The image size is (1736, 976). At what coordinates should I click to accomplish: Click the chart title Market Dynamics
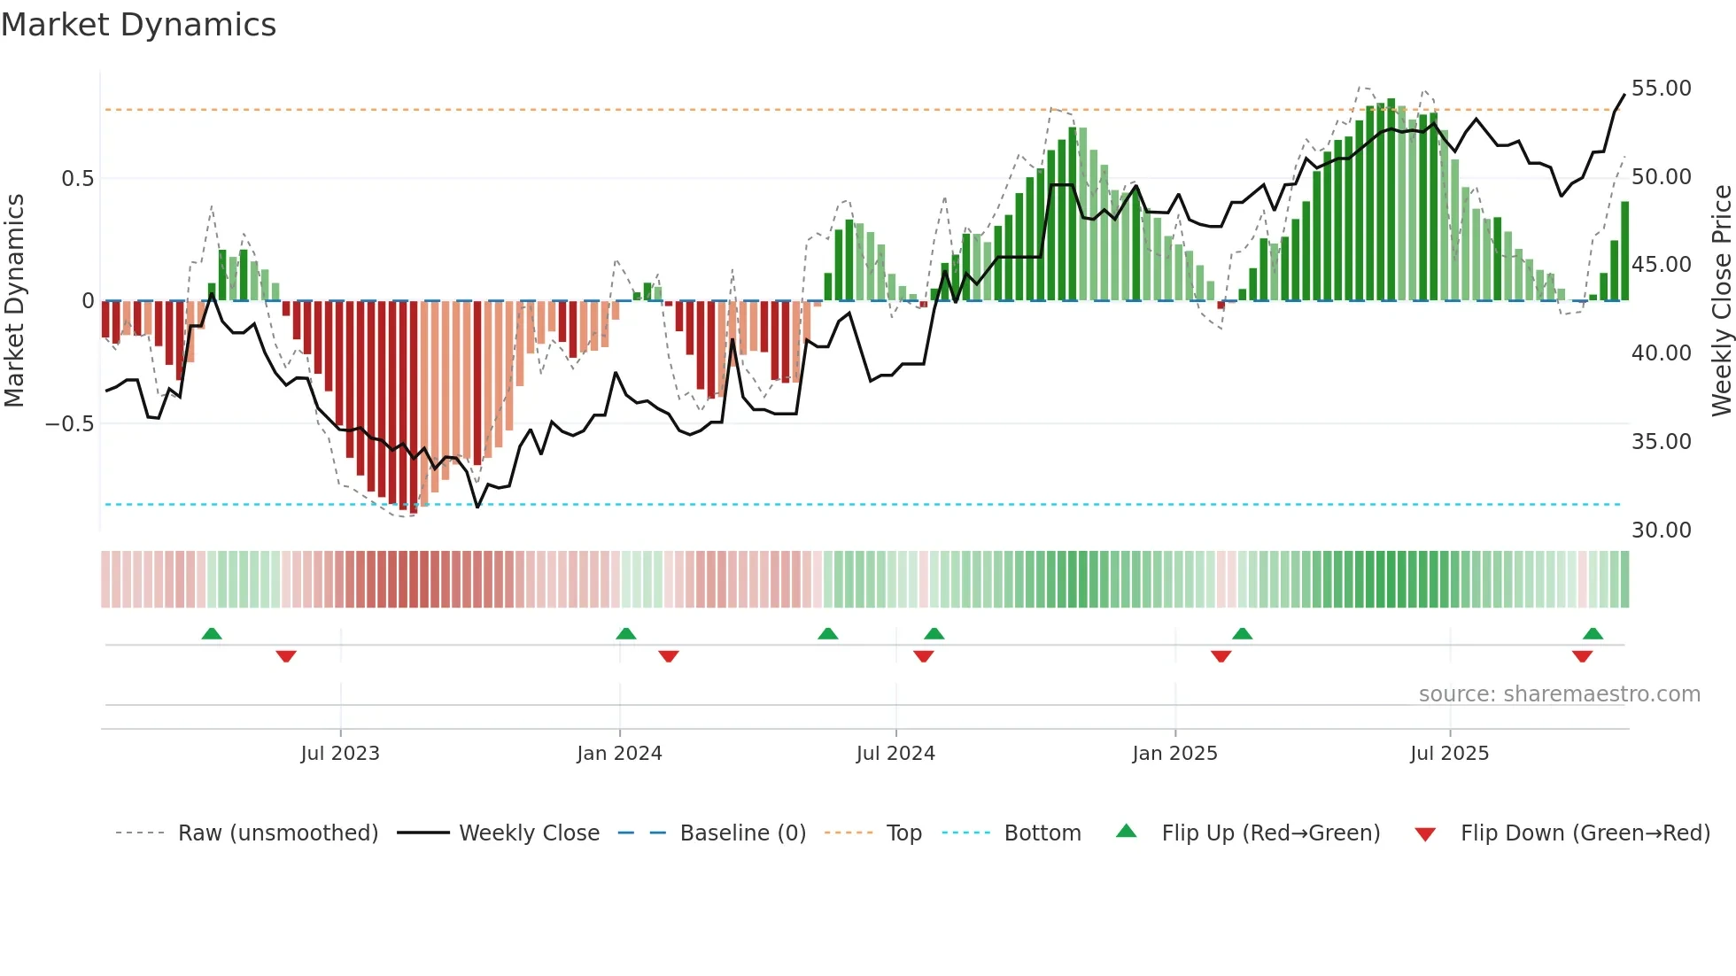138,25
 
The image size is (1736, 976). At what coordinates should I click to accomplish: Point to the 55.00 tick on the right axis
1661,89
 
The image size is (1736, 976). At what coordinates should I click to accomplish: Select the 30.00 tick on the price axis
1661,530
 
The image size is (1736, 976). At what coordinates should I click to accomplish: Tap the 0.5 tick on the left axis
77,179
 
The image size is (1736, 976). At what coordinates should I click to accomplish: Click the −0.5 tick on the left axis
69,424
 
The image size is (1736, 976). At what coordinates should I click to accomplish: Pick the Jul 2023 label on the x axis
340,754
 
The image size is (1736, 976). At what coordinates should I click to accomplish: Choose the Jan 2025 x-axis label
1174,754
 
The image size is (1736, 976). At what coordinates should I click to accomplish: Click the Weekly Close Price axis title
1721,300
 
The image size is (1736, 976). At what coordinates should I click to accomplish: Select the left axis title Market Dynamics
15,300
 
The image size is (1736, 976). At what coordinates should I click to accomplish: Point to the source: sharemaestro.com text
1559,694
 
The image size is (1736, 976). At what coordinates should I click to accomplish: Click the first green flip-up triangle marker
212,633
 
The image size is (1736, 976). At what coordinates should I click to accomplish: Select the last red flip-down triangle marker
1582,656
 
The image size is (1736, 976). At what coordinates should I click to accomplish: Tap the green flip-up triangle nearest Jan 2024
625,633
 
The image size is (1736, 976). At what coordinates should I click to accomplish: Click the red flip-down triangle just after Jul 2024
923,656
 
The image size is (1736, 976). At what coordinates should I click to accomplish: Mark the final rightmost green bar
1624,252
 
